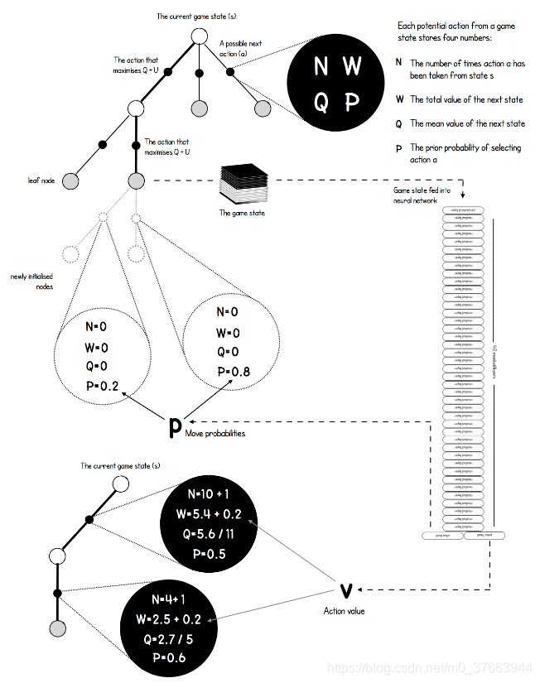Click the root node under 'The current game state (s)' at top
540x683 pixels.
(198, 36)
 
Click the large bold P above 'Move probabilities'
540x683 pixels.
(175, 427)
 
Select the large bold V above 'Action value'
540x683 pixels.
(347, 589)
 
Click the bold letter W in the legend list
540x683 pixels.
(399, 99)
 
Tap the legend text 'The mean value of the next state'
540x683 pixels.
(467, 124)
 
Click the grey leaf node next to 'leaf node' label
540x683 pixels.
(71, 180)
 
